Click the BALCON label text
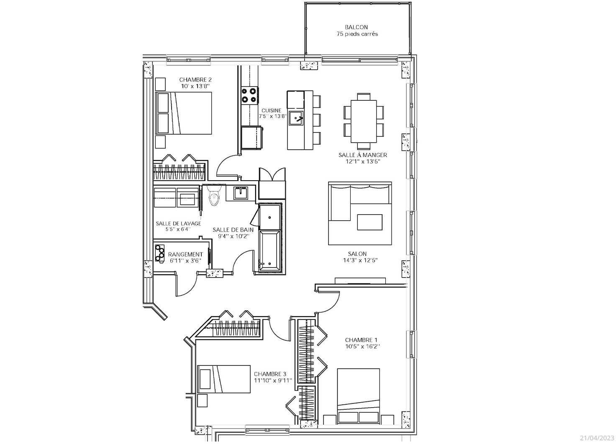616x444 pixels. coord(356,27)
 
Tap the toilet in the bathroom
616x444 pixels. coord(214,196)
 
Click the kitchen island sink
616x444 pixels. coord(295,118)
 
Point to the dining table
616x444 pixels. coord(364,121)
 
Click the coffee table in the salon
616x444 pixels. coord(370,222)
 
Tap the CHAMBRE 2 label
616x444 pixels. coord(195,80)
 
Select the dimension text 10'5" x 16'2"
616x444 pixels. coord(362,347)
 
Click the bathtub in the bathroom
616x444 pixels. coord(270,251)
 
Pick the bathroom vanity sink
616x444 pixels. coord(241,193)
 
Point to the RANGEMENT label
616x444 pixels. coord(185,255)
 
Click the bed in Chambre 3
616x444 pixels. coord(224,379)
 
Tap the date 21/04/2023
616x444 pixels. coord(597,438)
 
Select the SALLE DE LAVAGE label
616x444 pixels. coord(178,223)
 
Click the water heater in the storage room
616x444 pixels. coord(159,253)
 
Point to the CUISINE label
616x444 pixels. coord(271,110)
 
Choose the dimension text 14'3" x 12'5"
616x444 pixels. coord(360,260)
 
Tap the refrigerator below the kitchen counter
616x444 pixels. coord(251,138)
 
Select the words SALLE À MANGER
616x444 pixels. coord(363,155)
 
